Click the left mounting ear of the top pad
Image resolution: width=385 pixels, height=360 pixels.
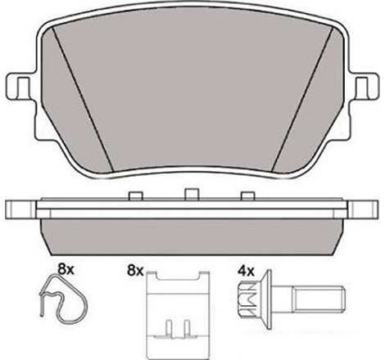pyautogui.click(x=18, y=87)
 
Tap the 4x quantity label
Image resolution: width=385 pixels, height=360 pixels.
pyautogui.click(x=245, y=268)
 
